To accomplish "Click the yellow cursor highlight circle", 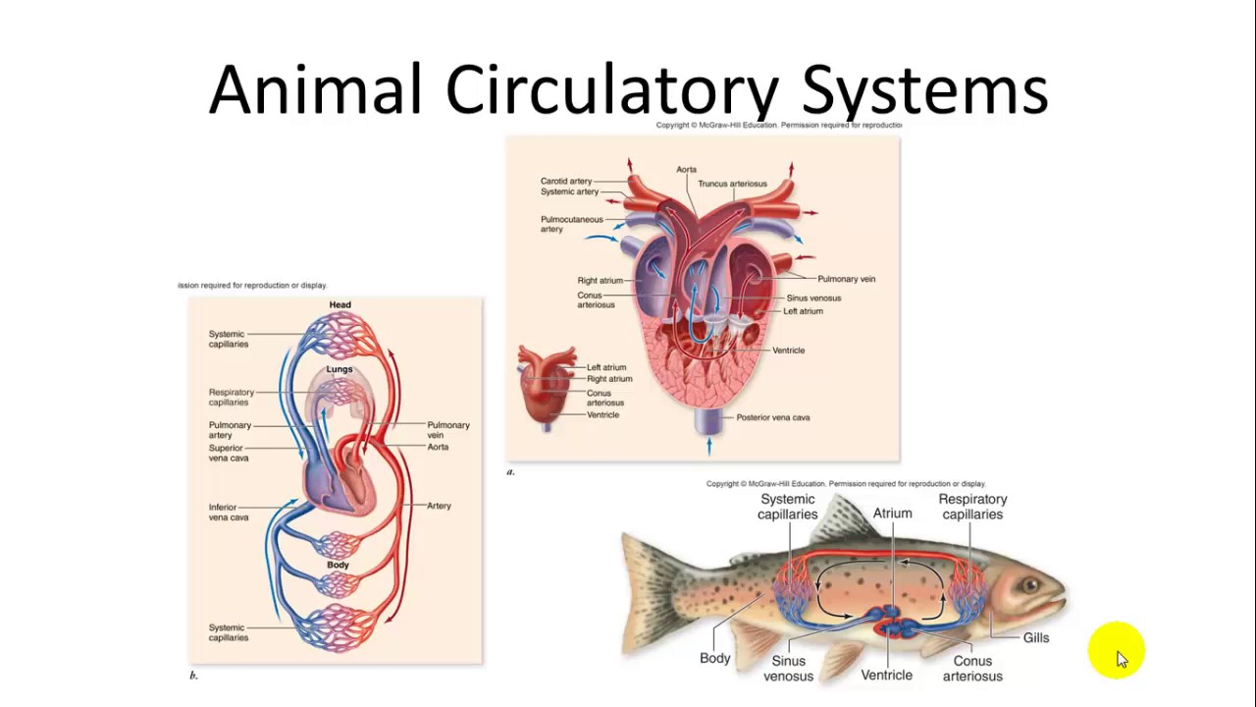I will point(1116,650).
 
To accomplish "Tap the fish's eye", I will point(1031,586).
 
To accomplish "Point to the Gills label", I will point(1036,638).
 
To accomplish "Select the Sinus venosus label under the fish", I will point(788,669).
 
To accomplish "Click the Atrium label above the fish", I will point(892,514).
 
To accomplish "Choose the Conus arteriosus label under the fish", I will point(972,669).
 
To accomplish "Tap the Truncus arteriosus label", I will point(732,184).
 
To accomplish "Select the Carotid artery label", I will point(566,181).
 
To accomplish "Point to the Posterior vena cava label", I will point(772,417).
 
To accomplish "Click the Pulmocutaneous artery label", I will point(571,224).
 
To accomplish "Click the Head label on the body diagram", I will point(340,304).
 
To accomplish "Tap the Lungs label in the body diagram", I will point(340,369).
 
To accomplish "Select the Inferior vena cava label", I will point(229,513).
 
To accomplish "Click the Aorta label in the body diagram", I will point(438,447).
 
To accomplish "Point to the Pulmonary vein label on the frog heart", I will point(846,279).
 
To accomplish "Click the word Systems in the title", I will point(924,90).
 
